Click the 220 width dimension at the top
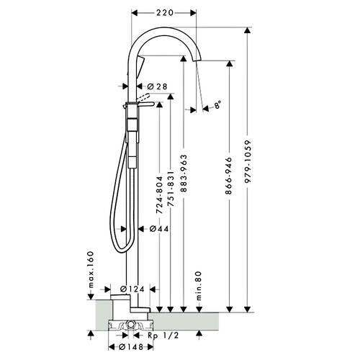pyautogui.click(x=165, y=12)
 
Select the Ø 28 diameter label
pyautogui.click(x=157, y=86)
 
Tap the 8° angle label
pyautogui.click(x=217, y=105)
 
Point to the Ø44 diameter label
pyautogui.click(x=159, y=229)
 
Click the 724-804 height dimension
pyautogui.click(x=159, y=195)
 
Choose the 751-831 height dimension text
pyautogui.click(x=170, y=189)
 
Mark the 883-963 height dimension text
pyautogui.click(x=184, y=174)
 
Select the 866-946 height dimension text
pyautogui.click(x=229, y=176)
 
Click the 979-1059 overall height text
pyautogui.click(x=248, y=162)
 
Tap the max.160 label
pyautogui.click(x=90, y=269)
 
